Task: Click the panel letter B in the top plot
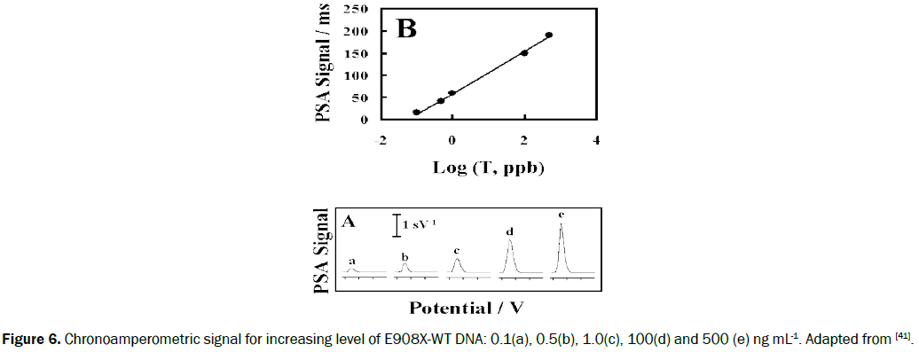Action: tap(405, 29)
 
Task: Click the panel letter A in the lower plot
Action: tap(349, 222)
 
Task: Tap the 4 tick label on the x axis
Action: tap(596, 140)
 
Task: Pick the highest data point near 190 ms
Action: tap(549, 35)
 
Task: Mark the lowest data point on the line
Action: tap(417, 113)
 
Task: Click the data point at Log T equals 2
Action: tap(524, 53)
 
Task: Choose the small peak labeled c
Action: tap(457, 261)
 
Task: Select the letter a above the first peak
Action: tap(352, 261)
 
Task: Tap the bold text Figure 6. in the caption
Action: tap(29, 340)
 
